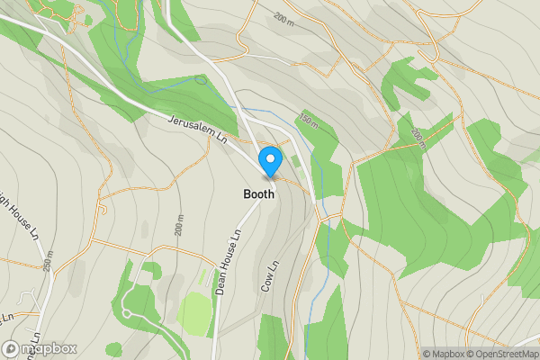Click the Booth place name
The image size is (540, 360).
(x=257, y=194)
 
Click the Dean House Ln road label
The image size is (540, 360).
(x=229, y=262)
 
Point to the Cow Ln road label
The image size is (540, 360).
(x=269, y=274)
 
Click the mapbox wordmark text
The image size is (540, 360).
(x=49, y=348)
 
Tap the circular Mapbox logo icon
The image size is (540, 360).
(x=12, y=348)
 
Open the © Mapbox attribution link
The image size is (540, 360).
(x=445, y=354)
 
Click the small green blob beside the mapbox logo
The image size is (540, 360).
(x=113, y=348)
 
